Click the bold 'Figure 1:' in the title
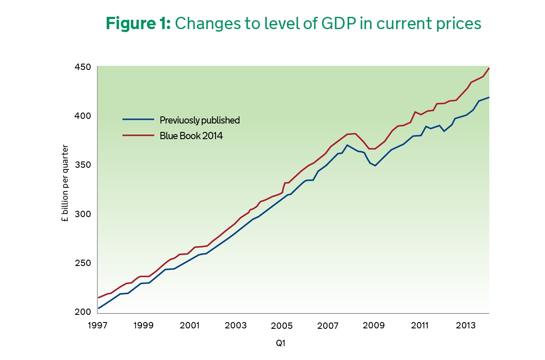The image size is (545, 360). click(138, 24)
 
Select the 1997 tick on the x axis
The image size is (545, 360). click(97, 326)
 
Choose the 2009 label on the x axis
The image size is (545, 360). click(373, 326)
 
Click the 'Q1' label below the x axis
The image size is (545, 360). click(281, 343)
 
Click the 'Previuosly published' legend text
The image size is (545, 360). click(200, 120)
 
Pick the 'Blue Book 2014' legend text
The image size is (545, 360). click(191, 136)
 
